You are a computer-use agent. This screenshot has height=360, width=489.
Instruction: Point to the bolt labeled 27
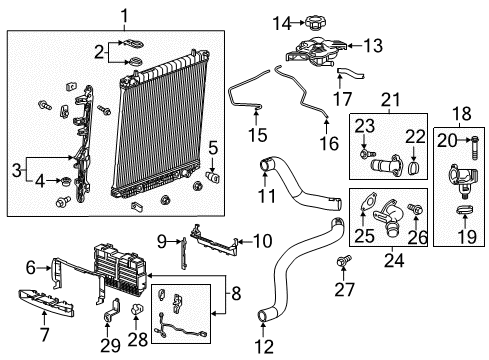click(345, 261)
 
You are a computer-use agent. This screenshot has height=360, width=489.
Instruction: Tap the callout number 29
click(109, 345)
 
